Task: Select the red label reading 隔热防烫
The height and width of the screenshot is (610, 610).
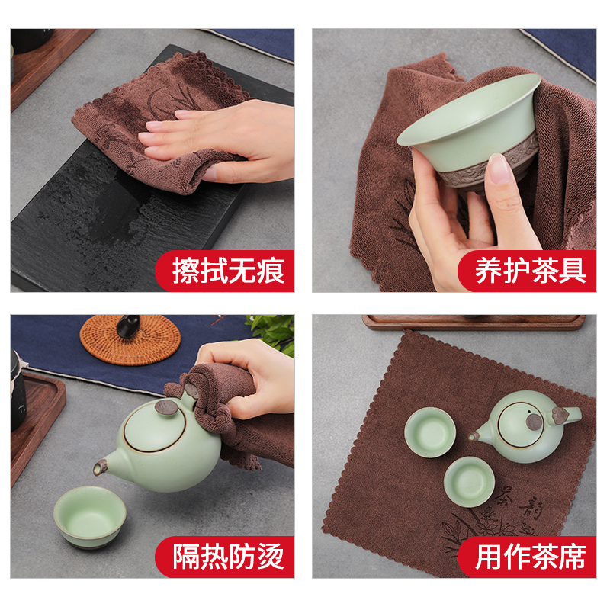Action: [x=228, y=557]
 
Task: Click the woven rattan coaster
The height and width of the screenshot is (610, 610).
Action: [x=130, y=340]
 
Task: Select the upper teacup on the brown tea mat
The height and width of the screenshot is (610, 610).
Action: [x=431, y=432]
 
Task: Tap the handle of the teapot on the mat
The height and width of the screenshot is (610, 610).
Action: [x=563, y=416]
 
